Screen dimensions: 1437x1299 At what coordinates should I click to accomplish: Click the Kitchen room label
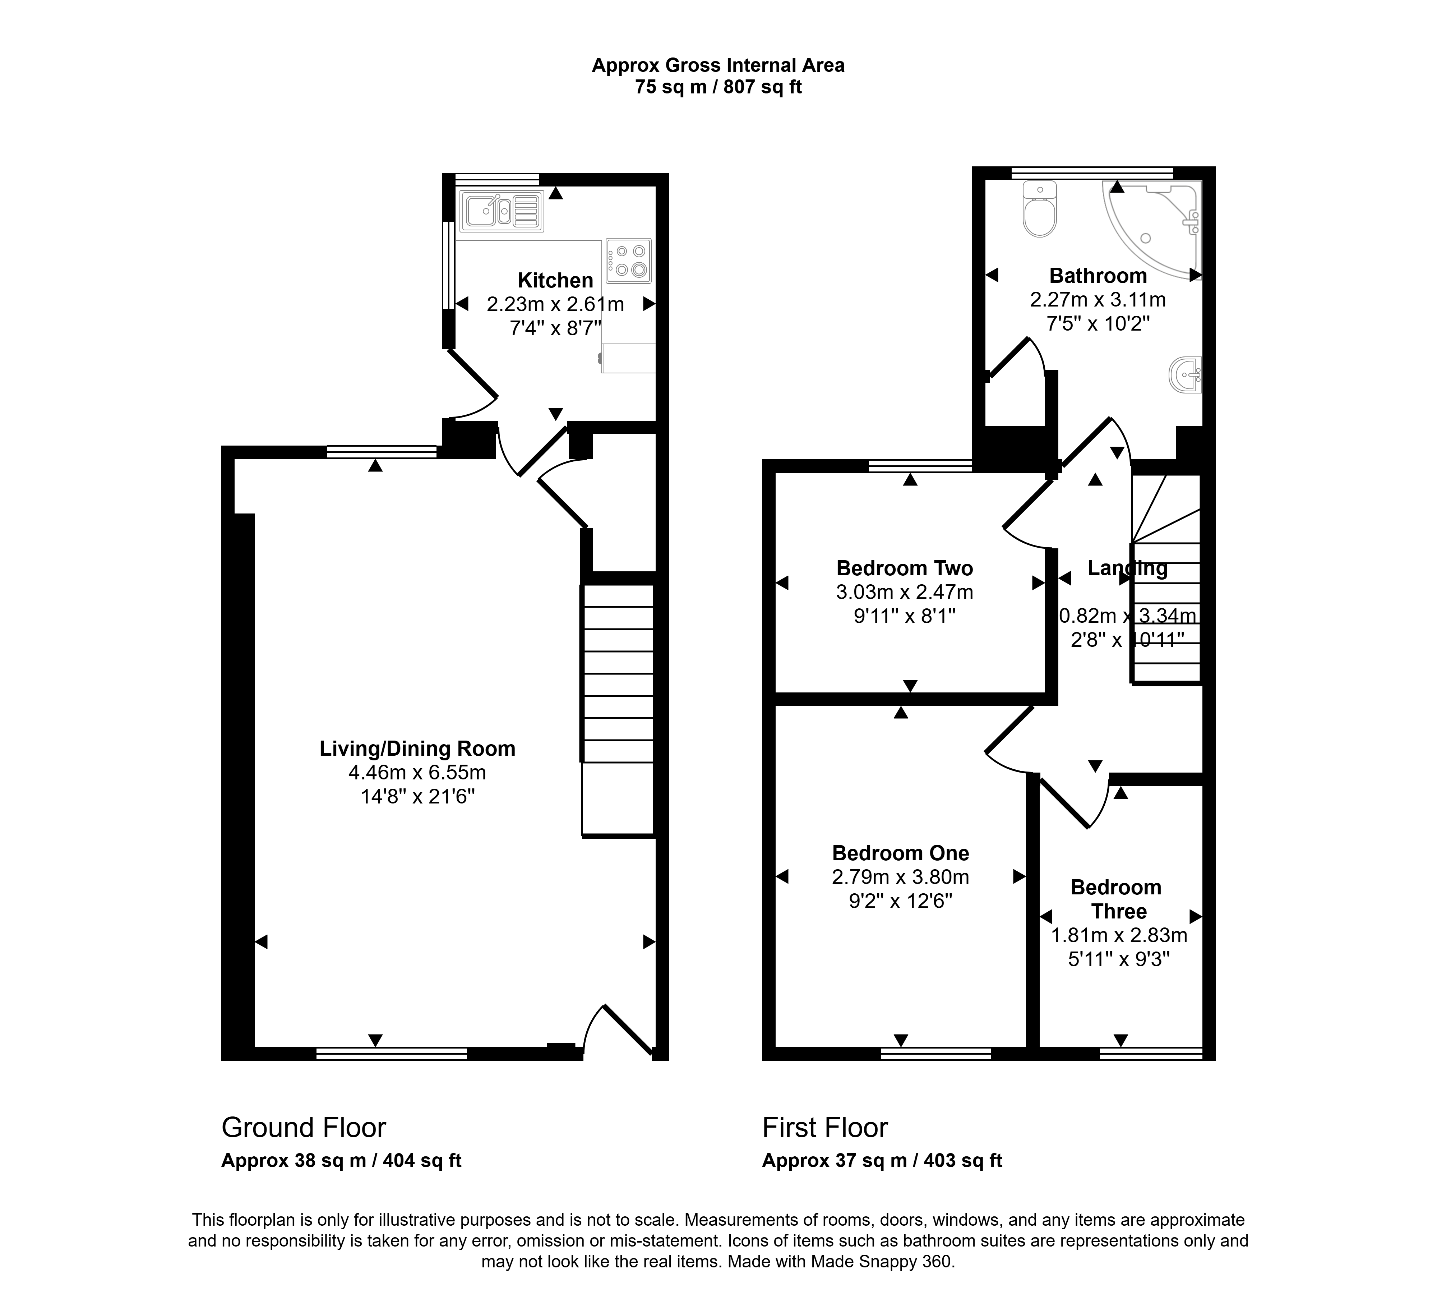coord(555,280)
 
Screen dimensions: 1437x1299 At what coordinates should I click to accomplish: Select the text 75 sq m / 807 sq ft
coord(718,87)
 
